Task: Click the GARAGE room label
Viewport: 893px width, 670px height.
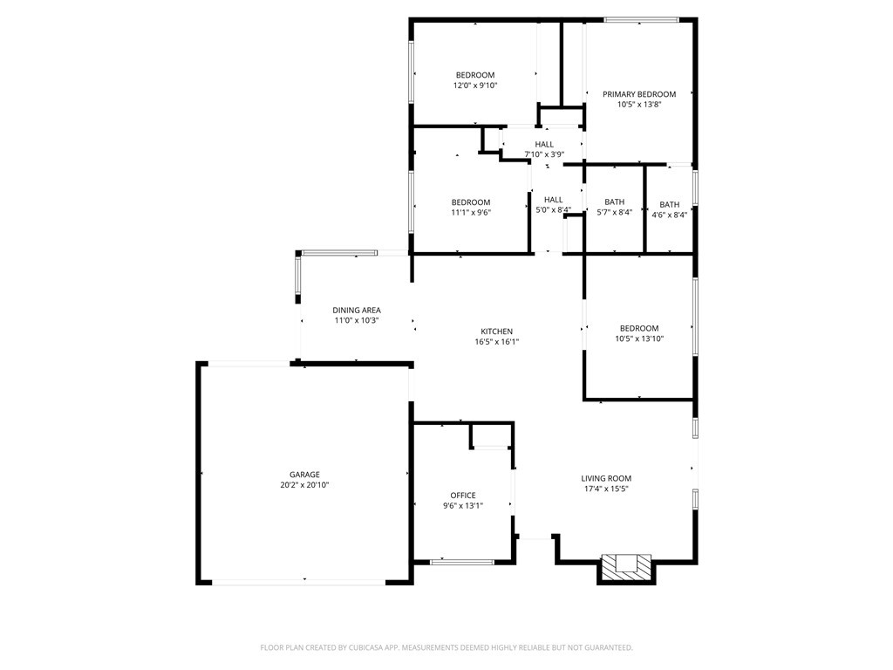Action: pos(304,475)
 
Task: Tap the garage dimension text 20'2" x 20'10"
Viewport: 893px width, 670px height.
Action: pos(304,485)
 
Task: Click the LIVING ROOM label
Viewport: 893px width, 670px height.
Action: pos(606,478)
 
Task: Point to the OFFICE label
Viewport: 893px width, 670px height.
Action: pos(463,496)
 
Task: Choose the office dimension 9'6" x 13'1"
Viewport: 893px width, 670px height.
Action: pos(463,506)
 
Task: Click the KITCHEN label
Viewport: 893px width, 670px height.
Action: pos(496,332)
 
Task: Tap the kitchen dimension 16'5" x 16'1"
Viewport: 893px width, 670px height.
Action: pos(496,342)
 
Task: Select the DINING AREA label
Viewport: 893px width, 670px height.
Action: pos(356,310)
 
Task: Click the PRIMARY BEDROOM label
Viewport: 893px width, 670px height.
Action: pos(638,94)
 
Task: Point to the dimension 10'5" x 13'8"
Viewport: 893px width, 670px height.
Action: pos(638,105)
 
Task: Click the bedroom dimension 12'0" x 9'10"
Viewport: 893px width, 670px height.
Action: pos(474,85)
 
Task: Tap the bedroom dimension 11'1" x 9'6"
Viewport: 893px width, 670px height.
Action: pos(470,212)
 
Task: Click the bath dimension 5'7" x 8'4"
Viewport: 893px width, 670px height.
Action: pos(614,214)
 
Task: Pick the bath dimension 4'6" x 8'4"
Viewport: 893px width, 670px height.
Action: pos(669,215)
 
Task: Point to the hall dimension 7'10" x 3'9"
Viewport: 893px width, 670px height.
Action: pos(544,154)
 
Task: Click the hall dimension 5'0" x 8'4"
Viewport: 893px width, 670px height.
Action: pos(553,210)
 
